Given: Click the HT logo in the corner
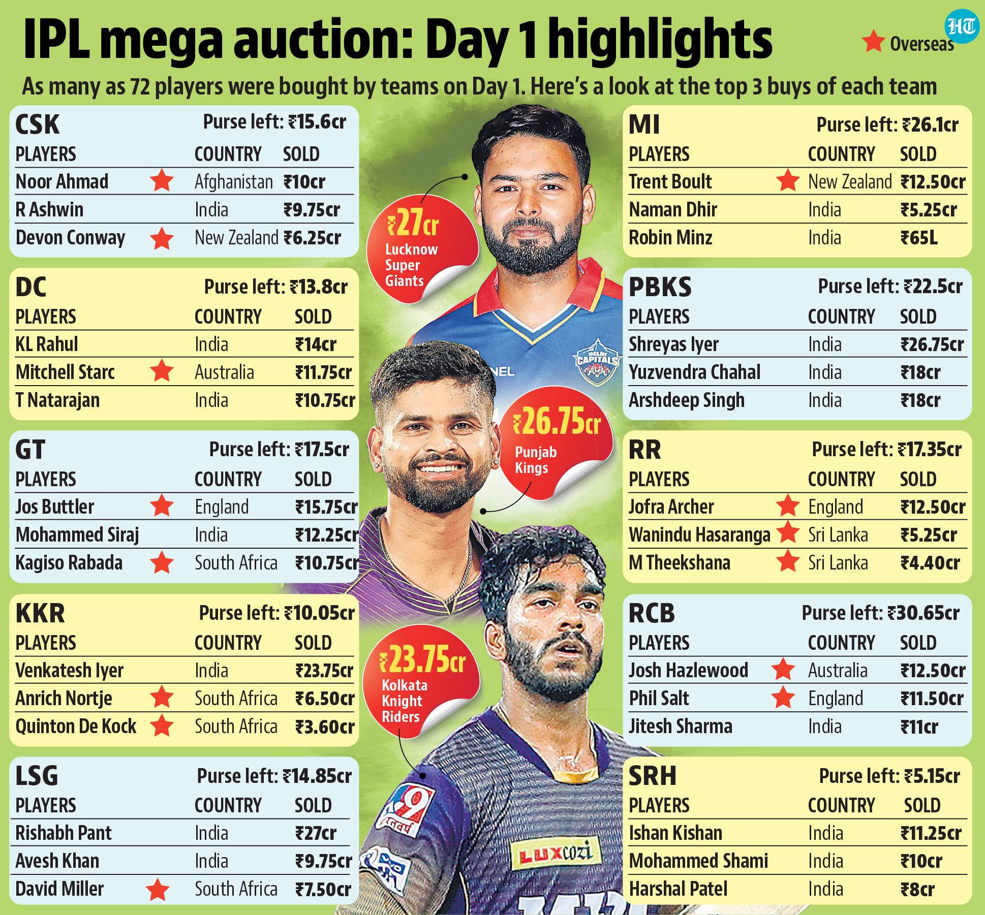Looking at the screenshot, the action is (962, 27).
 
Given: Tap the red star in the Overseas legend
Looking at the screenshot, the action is (874, 42).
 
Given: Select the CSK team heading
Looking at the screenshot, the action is (37, 124).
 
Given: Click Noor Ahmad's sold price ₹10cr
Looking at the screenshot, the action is (304, 182).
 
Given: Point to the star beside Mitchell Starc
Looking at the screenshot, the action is (162, 371).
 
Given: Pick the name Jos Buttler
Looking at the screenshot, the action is (55, 507).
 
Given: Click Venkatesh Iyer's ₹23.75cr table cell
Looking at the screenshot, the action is (324, 671).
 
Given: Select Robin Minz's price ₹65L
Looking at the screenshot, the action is (919, 238).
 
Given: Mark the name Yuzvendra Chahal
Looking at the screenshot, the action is (694, 372).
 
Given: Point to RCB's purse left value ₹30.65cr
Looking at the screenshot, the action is (924, 613).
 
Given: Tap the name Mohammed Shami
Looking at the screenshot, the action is (698, 861).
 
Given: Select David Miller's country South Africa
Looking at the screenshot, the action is (236, 889).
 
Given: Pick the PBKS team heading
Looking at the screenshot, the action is (660, 287).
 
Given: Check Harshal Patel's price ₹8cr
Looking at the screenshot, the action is (917, 890).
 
